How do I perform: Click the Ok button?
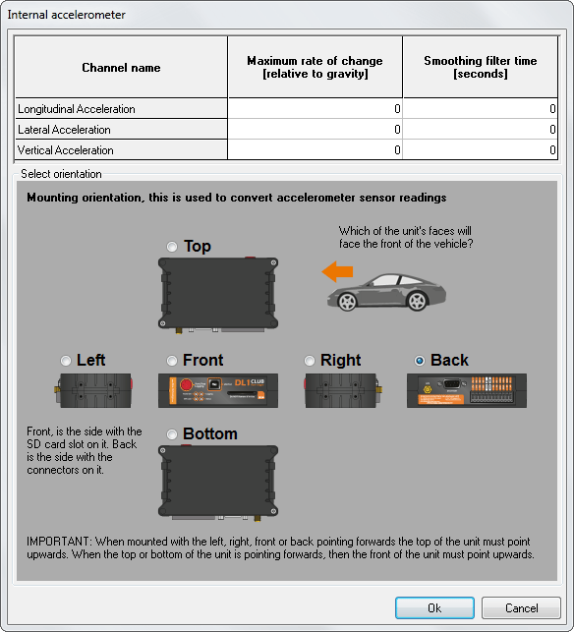click(434, 607)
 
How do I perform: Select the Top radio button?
click(172, 247)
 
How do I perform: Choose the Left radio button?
click(66, 361)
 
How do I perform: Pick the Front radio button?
click(172, 361)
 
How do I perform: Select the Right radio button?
click(310, 361)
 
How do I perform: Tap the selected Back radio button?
click(420, 361)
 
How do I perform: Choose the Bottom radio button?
click(172, 434)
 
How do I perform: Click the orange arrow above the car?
click(337, 271)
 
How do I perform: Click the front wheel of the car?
click(347, 302)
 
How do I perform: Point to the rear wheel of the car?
click(417, 301)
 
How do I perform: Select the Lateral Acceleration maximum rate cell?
click(315, 130)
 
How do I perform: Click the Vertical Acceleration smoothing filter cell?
click(480, 150)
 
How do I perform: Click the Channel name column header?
click(121, 67)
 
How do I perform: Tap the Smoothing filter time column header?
click(480, 67)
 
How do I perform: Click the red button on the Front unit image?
click(186, 385)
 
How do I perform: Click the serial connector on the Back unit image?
click(452, 384)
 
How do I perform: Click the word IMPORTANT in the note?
click(58, 541)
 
